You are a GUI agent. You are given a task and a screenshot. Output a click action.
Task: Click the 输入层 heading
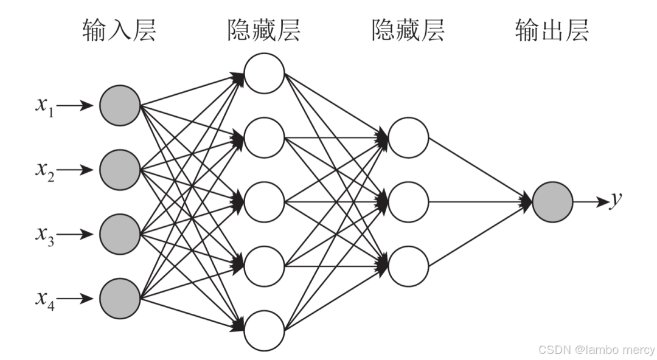pos(119,29)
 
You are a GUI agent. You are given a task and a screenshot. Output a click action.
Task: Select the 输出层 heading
pos(552,29)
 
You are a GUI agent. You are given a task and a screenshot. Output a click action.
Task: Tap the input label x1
pos(44,106)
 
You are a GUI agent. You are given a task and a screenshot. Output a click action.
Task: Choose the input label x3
pos(44,235)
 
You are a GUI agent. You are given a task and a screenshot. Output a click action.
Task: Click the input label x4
pos(44,300)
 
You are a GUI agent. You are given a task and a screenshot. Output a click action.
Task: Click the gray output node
pos(552,202)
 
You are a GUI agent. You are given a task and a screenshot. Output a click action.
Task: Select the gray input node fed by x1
pos(120,106)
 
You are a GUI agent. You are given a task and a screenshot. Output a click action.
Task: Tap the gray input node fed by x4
pos(120,299)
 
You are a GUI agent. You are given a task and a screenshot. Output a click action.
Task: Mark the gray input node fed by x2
pos(120,170)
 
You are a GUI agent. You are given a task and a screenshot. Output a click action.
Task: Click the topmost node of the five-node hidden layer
pos(264,74)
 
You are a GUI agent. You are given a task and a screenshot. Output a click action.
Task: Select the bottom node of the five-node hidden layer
pos(264,331)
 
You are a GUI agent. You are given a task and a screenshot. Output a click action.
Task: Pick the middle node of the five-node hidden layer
pos(264,202)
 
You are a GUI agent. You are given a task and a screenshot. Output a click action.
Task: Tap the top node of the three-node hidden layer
pos(408,138)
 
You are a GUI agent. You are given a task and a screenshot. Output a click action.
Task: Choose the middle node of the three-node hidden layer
pos(408,202)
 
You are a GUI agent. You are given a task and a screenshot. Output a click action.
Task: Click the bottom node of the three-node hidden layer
pos(408,266)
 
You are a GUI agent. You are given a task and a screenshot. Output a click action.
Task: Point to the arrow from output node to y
pos(591,202)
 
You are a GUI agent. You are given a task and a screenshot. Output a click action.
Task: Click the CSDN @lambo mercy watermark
pos(596,350)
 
